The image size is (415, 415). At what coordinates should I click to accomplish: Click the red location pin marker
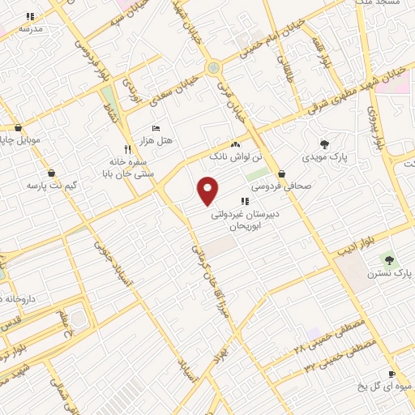click(208, 190)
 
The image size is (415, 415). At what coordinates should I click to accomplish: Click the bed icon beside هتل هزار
click(156, 128)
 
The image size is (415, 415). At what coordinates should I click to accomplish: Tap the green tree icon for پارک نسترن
click(390, 260)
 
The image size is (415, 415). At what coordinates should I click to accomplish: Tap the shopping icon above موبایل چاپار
click(18, 126)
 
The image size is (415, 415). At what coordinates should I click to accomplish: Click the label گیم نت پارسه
click(51, 186)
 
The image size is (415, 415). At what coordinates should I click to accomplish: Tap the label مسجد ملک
click(378, 3)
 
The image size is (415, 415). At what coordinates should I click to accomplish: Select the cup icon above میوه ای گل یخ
click(391, 374)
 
